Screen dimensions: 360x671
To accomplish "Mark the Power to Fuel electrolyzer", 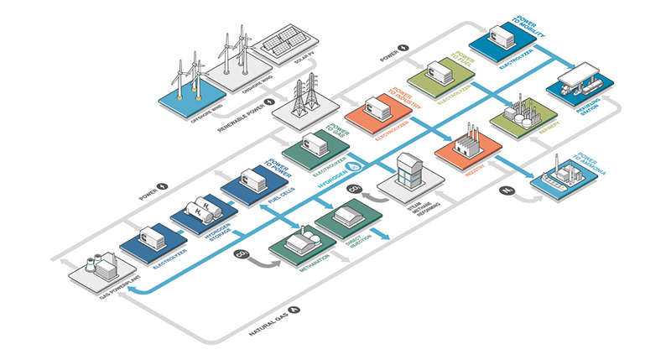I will coord(440,76).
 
